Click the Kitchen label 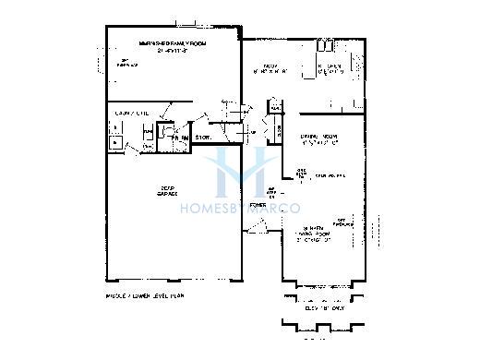(x=330, y=67)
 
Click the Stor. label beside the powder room (x=204, y=138)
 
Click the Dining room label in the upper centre (x=270, y=67)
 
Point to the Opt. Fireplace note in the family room (x=126, y=64)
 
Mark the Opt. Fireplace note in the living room (x=341, y=222)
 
